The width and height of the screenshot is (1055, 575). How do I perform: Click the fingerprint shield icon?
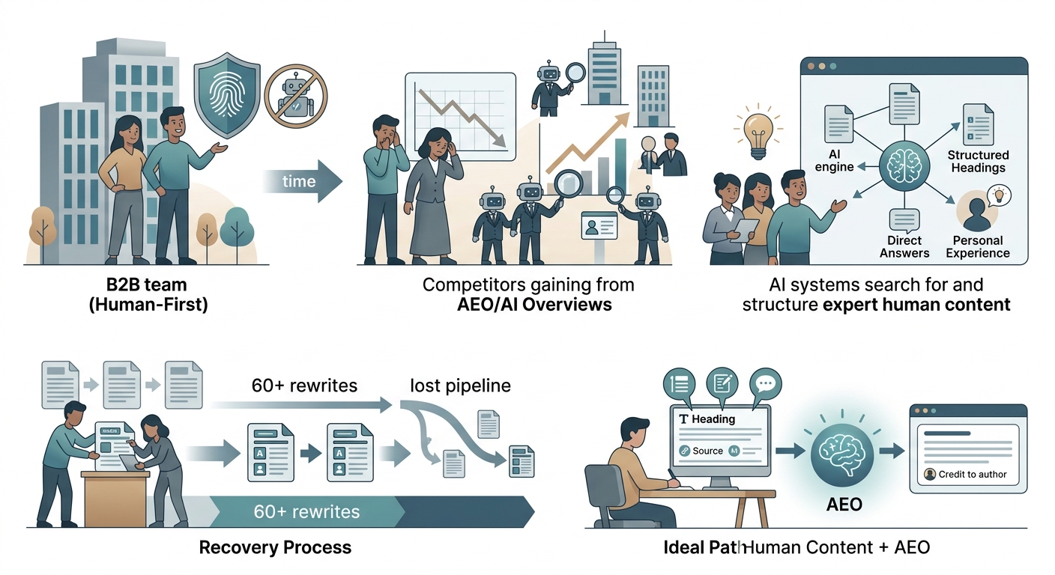click(x=227, y=95)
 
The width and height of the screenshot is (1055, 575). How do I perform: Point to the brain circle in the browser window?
click(x=904, y=165)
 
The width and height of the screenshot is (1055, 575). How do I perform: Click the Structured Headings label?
click(x=979, y=162)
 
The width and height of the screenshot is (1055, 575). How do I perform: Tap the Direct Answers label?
click(x=904, y=246)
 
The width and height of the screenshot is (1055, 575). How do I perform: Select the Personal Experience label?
click(x=978, y=246)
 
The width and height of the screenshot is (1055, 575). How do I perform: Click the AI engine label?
click(x=834, y=160)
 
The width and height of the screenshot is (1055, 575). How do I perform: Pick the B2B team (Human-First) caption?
click(x=148, y=294)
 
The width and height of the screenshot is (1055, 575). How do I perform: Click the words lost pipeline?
click(x=460, y=386)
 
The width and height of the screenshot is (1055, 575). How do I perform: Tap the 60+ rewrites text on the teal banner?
click(x=306, y=511)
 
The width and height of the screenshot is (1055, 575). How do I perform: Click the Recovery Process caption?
click(x=275, y=548)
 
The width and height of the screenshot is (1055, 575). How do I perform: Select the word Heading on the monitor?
click(x=713, y=419)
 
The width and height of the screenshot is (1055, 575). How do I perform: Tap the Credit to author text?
click(x=973, y=475)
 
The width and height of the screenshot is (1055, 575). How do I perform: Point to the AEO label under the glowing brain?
click(x=844, y=505)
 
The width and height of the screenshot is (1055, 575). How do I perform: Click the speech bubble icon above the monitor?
click(x=765, y=384)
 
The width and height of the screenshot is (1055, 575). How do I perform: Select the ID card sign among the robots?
click(x=599, y=226)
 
